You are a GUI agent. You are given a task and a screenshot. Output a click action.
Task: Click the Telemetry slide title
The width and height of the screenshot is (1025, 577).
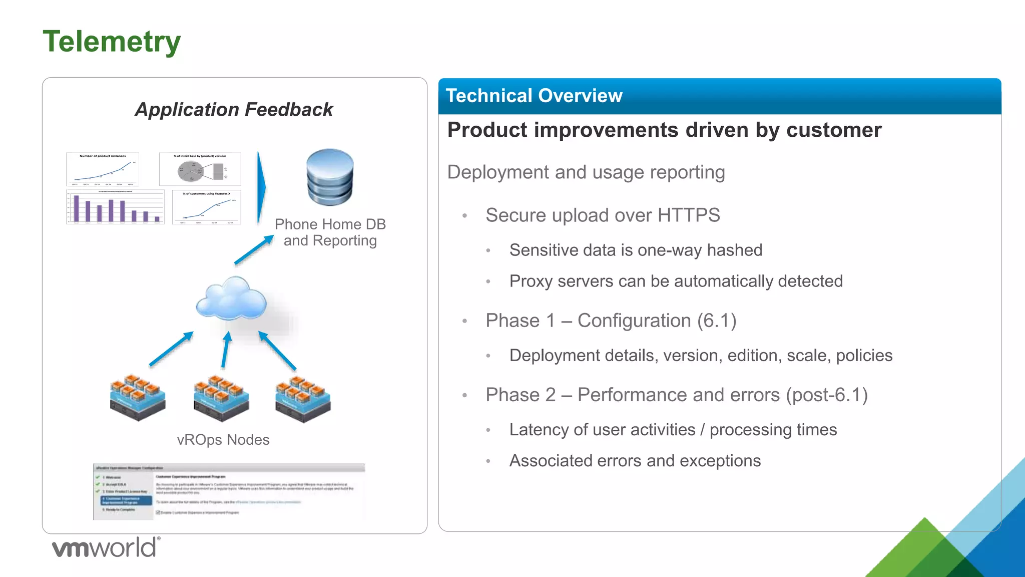pos(112,42)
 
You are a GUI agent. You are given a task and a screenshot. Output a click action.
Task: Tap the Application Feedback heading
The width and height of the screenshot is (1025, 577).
pos(234,110)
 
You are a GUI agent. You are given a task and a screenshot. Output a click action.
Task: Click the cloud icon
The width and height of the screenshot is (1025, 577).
pos(231,299)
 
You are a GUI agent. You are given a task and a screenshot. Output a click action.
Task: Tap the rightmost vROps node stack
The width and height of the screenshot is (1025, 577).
pos(303,399)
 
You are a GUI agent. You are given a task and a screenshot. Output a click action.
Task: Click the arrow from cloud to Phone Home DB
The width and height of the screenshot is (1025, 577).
pos(254,250)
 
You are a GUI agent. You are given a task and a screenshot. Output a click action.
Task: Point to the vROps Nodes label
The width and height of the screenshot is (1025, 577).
pos(223,440)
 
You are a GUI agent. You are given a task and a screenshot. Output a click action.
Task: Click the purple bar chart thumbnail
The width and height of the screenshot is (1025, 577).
pos(115,207)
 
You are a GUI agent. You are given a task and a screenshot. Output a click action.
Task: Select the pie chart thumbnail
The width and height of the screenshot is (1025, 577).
pos(200,169)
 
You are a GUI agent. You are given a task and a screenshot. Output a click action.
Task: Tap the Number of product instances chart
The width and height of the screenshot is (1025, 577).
pos(103,169)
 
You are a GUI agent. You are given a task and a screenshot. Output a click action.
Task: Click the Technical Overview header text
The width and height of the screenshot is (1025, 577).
pos(534,96)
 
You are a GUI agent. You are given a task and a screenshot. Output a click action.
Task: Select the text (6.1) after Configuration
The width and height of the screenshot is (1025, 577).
pos(717,321)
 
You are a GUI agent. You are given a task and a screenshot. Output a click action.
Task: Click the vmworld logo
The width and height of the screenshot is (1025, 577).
pos(106,547)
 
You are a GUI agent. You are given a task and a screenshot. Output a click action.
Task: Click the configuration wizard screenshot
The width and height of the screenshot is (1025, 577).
pos(229,491)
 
